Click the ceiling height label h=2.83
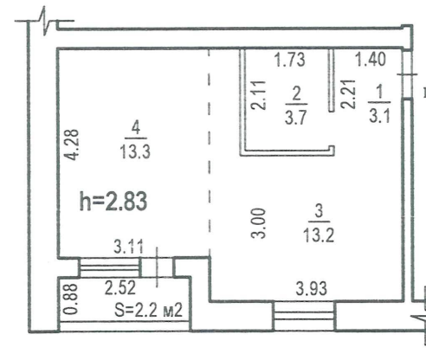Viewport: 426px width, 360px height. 113,202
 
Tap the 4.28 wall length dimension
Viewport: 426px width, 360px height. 71,145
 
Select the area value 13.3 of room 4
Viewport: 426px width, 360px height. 135,151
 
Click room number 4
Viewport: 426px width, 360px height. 136,128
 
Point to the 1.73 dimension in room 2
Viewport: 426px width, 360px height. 289,60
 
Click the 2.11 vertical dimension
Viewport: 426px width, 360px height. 258,95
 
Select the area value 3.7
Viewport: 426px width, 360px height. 296,118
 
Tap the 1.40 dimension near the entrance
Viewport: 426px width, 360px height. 371,59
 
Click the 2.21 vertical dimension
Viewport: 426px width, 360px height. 348,93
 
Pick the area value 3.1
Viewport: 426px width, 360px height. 379,116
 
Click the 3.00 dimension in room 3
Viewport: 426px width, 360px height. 258,223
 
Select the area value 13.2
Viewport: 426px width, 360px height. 319,235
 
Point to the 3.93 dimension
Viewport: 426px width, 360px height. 312,288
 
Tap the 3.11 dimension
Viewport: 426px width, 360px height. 128,247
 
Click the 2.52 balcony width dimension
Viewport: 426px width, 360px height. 120,288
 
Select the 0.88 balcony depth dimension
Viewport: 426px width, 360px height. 71,299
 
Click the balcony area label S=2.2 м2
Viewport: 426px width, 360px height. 149,310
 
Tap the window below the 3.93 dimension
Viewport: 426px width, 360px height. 304,316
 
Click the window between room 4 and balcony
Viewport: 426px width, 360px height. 110,267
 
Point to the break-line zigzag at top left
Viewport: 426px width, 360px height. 44,21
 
